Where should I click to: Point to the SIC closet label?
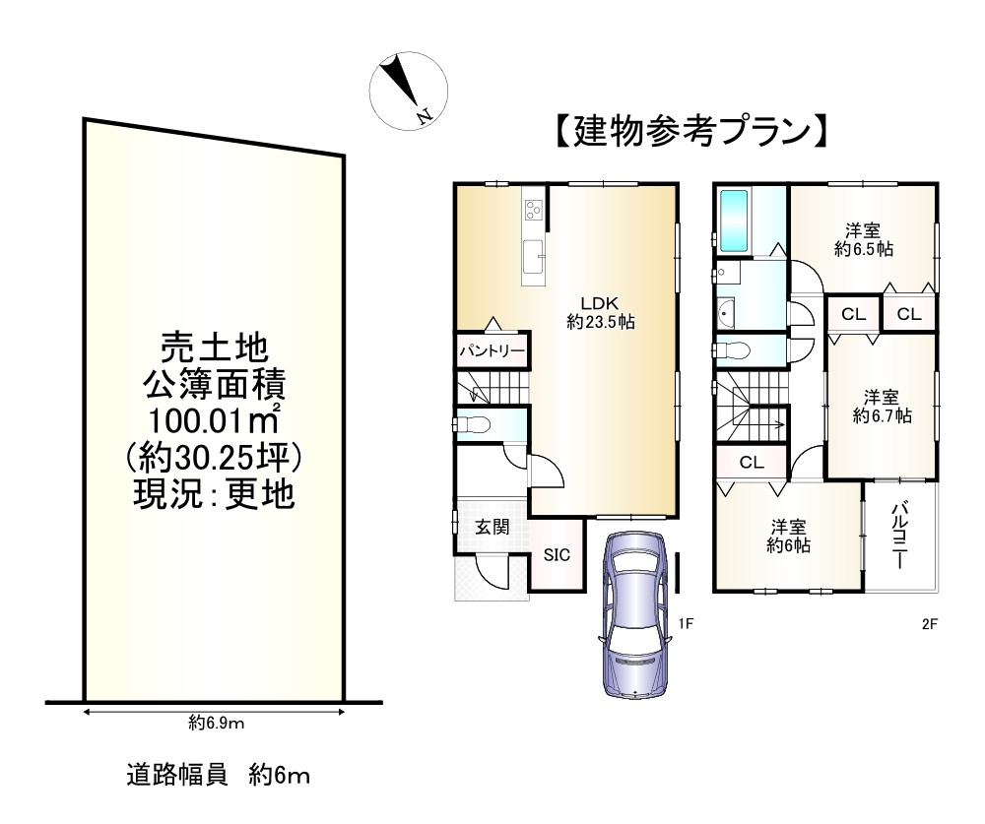click(x=557, y=555)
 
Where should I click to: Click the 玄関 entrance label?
click(x=492, y=527)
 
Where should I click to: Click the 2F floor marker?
click(x=928, y=623)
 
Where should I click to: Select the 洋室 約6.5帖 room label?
click(x=863, y=240)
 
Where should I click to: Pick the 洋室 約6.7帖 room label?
click(x=881, y=407)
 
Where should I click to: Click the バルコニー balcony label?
click(x=899, y=536)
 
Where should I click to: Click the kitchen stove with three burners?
click(x=533, y=209)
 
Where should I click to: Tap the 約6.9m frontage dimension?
click(x=216, y=724)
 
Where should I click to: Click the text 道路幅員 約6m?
click(x=218, y=776)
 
